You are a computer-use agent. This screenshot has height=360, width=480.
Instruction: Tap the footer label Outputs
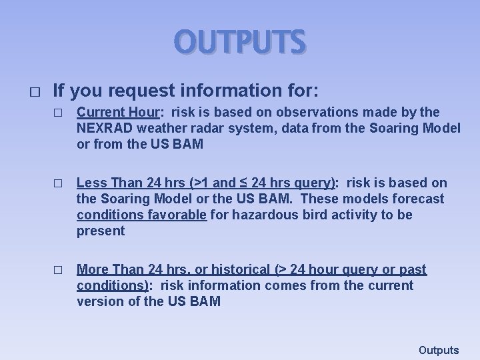(439, 350)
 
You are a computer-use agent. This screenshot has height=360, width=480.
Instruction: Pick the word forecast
(419, 199)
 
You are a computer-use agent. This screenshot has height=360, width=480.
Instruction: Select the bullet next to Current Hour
(57, 111)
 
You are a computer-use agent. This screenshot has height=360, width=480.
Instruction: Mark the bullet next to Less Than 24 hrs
(57, 183)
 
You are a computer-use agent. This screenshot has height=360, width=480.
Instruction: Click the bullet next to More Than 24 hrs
(57, 270)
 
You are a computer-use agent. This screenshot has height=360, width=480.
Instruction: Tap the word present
(101, 231)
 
